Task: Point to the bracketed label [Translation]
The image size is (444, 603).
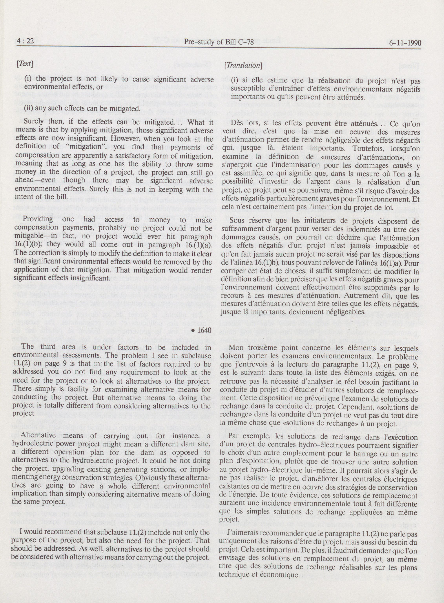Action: coord(243,65)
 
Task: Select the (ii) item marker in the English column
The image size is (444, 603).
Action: coord(28,109)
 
